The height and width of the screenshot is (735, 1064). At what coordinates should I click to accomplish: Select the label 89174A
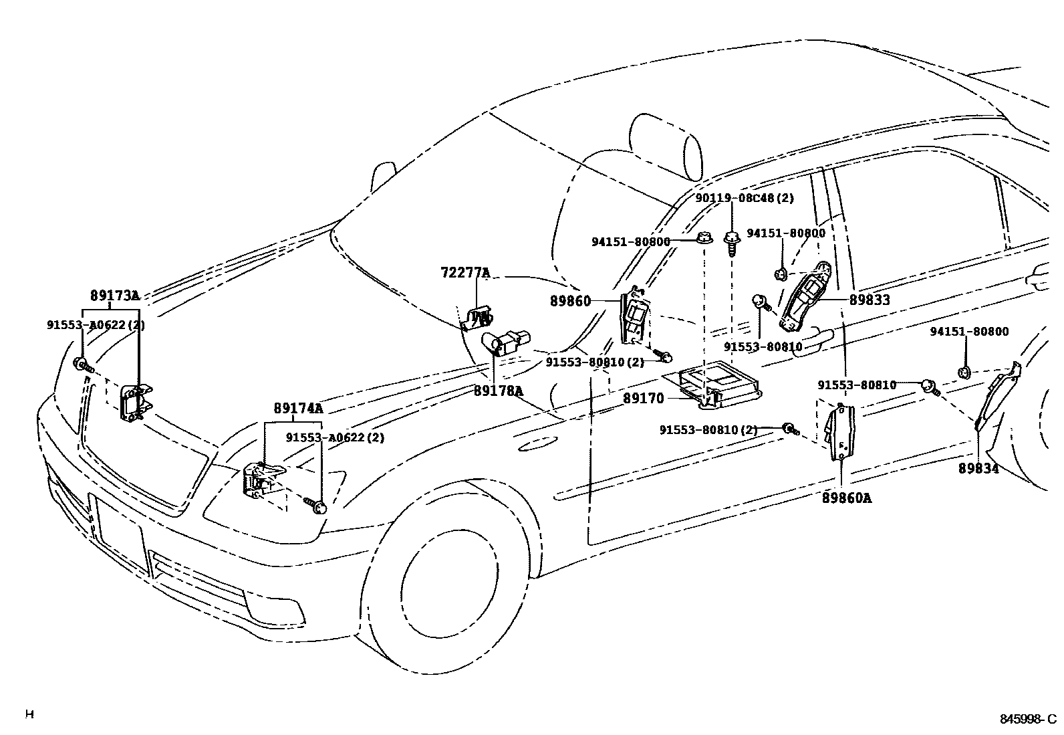(297, 408)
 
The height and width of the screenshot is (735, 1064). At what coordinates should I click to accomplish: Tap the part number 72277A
(465, 273)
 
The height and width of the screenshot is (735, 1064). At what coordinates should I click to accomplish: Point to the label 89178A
(499, 391)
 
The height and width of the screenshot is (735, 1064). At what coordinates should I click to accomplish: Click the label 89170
(644, 399)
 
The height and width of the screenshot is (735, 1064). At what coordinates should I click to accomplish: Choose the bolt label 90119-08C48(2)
(744, 198)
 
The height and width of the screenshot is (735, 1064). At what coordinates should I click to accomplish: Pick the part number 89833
(870, 300)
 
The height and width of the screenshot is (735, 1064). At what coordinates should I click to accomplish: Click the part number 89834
(978, 469)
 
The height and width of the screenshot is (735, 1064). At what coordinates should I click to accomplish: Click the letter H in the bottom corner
(29, 714)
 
